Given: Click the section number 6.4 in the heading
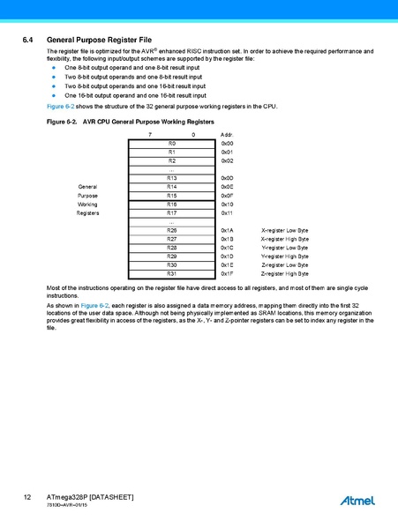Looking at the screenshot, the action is pos(27,41).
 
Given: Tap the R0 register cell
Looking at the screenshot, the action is pos(172,143).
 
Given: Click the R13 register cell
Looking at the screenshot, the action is pos(172,178).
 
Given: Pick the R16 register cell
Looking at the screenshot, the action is pos(172,204).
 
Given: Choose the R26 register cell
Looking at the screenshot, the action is pos(172,230).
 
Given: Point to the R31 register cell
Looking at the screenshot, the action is pos(172,273).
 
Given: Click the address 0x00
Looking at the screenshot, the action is pos(227,143).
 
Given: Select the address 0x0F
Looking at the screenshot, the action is pos(227,195).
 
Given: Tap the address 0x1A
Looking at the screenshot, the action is pos(227,230).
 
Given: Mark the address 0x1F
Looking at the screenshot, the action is pos(227,273).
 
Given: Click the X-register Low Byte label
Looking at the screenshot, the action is pos(285,230).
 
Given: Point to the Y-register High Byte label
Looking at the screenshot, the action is pos(285,256).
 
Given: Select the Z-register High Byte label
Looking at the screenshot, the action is pos(285,273).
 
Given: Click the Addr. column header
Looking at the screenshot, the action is pos(226,133).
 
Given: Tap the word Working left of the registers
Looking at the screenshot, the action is pos(87,204).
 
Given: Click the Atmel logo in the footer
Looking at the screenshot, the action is pos(357,501).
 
